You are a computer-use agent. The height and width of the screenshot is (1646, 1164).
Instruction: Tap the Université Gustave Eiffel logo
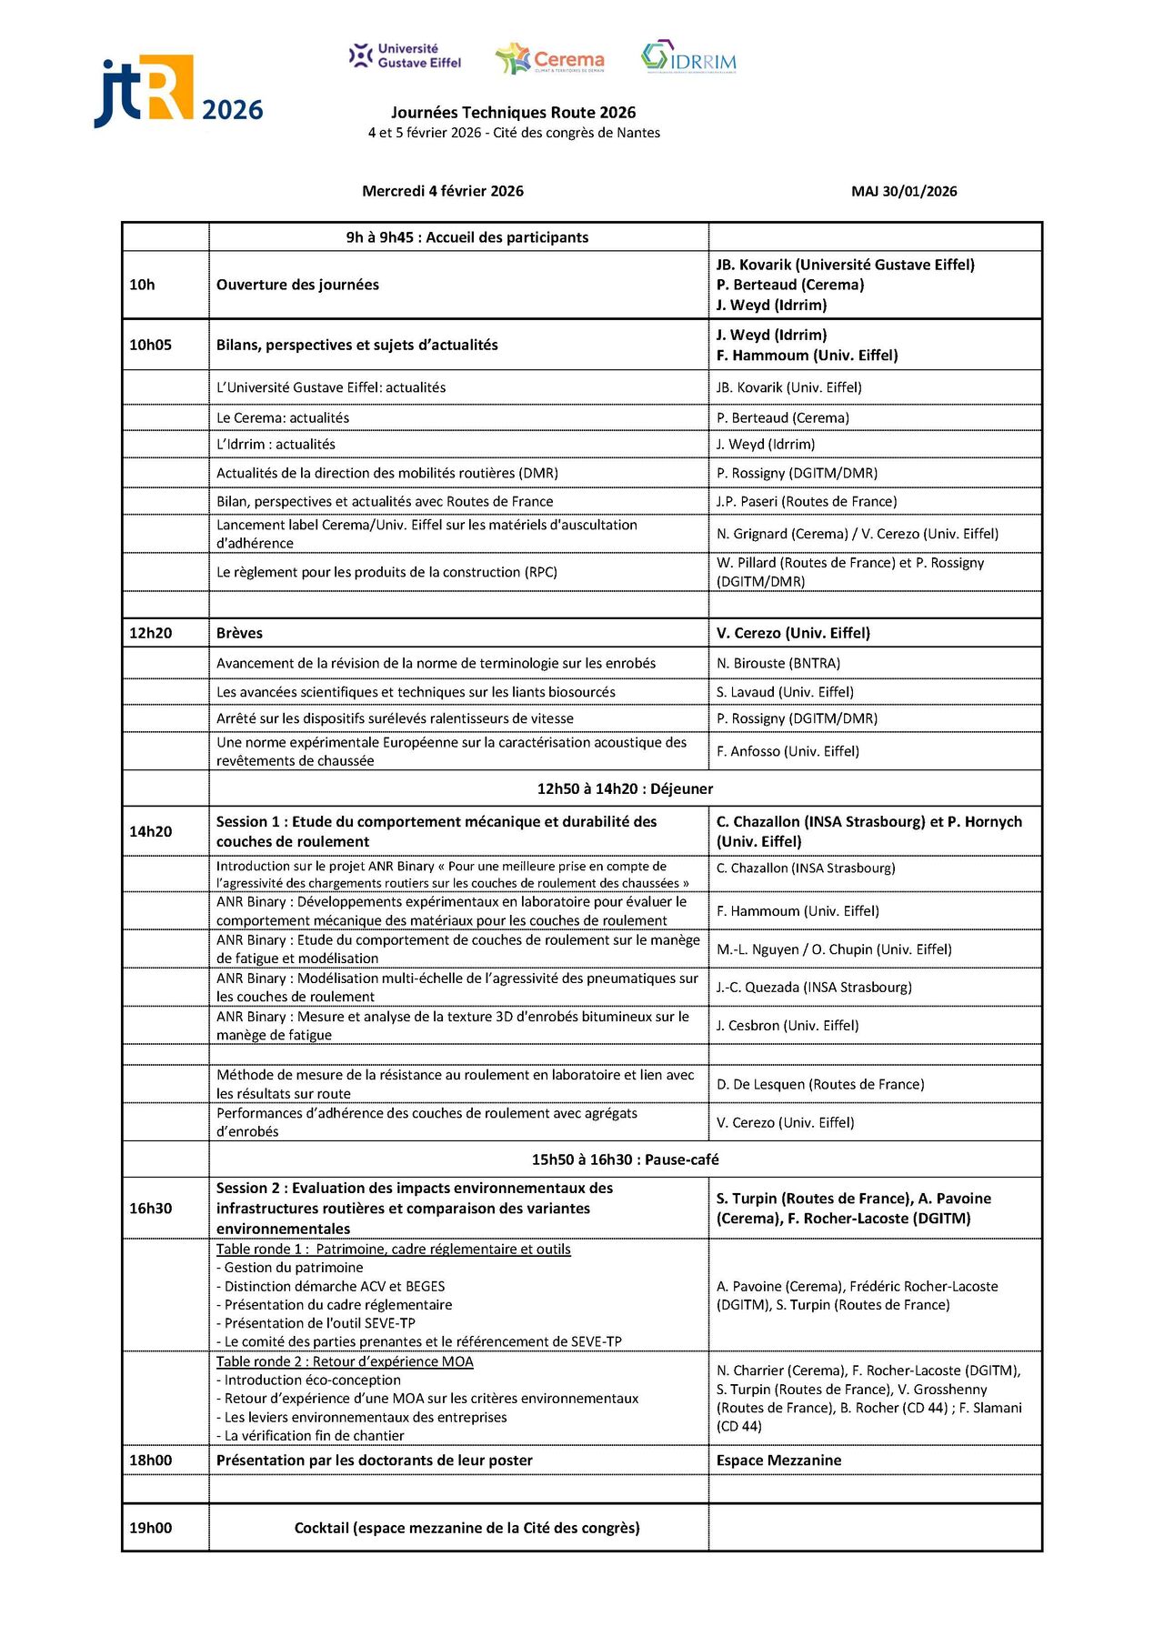point(406,56)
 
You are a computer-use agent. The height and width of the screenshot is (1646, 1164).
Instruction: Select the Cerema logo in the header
point(550,59)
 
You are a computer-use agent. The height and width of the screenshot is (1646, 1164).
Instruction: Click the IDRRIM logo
point(688,57)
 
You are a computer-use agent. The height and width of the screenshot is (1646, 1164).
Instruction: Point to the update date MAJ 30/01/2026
point(904,192)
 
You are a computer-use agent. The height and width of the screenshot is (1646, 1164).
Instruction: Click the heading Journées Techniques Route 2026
point(513,113)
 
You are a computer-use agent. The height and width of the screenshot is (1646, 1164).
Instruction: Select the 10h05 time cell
point(151,345)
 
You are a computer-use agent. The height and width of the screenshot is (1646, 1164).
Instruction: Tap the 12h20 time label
point(151,633)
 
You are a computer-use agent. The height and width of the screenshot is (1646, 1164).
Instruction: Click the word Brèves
point(239,633)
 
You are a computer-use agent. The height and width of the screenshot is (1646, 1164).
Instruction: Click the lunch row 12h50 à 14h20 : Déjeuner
point(625,788)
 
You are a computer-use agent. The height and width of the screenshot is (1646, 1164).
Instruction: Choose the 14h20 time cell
point(151,831)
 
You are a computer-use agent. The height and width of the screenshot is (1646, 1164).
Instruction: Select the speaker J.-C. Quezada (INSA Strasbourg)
point(814,988)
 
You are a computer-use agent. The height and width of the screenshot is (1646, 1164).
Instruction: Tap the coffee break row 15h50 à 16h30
point(625,1159)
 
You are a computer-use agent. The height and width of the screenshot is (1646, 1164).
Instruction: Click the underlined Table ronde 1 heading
point(393,1250)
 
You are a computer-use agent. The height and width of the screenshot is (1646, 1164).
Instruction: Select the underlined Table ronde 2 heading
point(345,1361)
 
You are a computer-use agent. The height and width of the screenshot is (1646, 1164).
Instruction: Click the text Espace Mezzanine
point(778,1460)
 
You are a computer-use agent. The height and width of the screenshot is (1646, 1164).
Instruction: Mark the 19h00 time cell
point(151,1528)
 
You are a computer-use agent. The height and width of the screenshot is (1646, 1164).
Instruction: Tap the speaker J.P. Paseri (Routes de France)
point(806,502)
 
